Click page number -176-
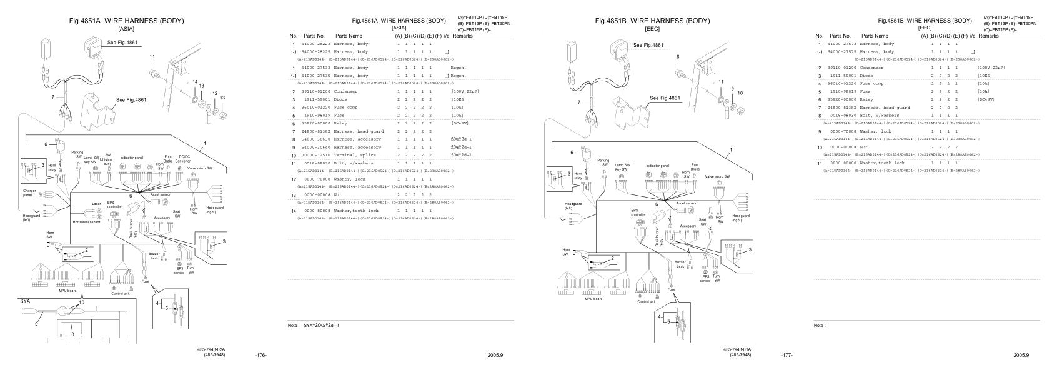tap(261, 355)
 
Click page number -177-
tap(787, 355)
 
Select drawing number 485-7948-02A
tap(212, 349)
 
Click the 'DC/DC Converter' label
tap(184, 158)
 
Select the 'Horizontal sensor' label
tap(86, 222)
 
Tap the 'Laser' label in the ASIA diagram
tap(96, 204)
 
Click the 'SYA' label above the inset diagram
tap(25, 301)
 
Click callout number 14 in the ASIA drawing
tap(194, 83)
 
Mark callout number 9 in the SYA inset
tap(36, 324)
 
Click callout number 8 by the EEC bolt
tap(678, 57)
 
